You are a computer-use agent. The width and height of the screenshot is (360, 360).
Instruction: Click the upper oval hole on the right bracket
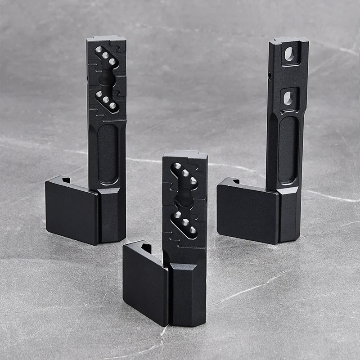point(289,54)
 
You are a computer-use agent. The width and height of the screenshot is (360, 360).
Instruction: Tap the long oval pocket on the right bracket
point(288,149)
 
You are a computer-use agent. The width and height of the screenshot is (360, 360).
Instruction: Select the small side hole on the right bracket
point(270,77)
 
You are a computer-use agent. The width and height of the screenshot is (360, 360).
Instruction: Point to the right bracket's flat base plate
point(247,211)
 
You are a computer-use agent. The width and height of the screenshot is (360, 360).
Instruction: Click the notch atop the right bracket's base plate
point(235,181)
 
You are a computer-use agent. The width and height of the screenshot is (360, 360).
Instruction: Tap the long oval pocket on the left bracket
point(108,153)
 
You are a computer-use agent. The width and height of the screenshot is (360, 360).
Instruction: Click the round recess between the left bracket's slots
point(105,79)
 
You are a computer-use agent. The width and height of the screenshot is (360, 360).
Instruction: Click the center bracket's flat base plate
point(145,283)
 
